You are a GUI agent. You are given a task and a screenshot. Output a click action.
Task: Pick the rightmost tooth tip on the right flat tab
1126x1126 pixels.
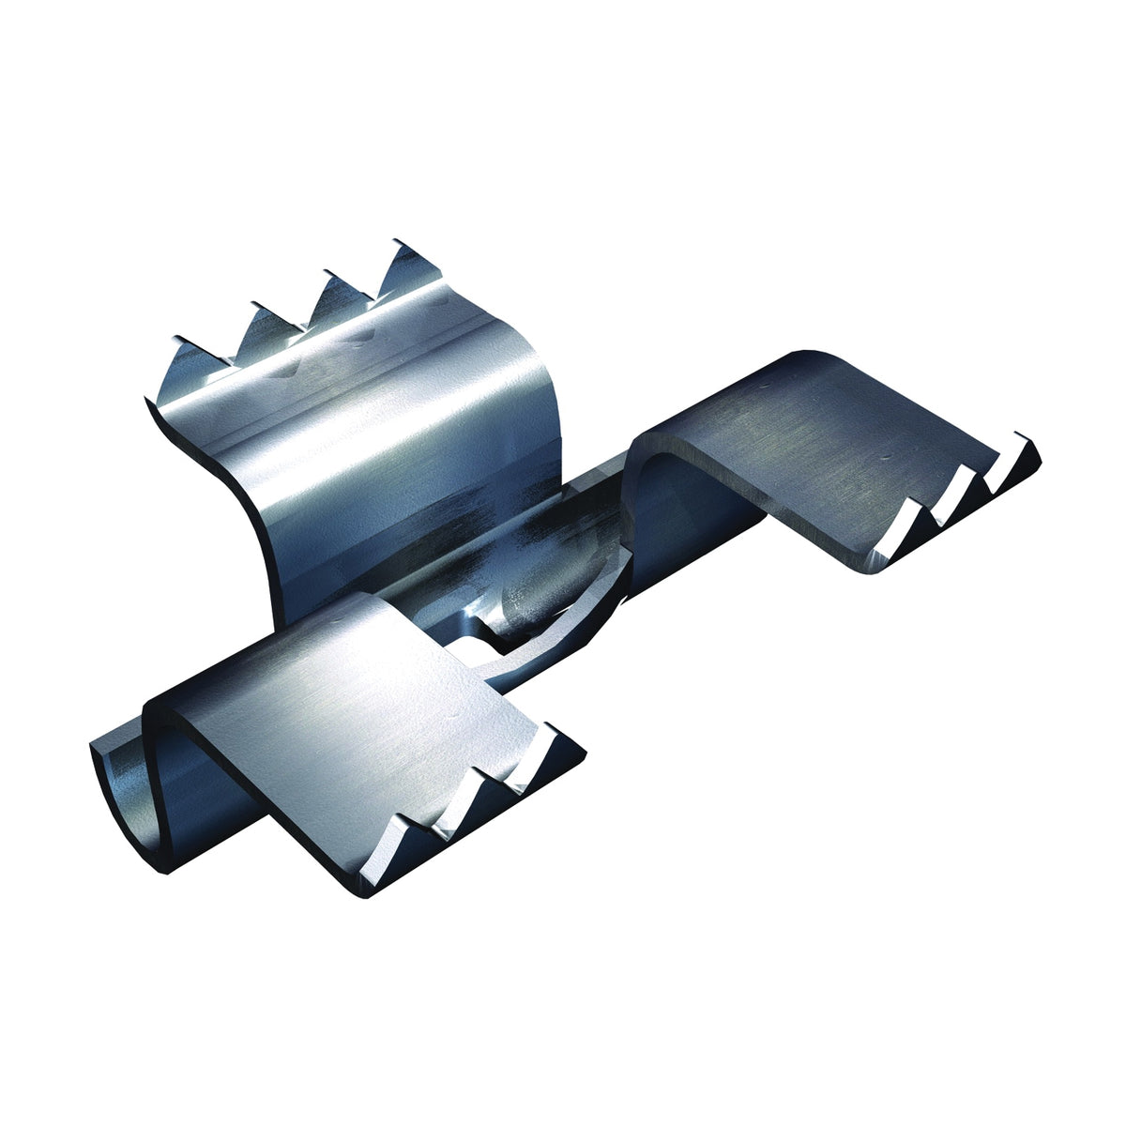pos(1027,441)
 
